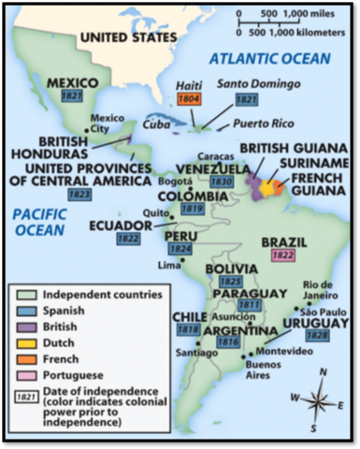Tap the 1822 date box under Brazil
point(284,253)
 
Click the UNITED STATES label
point(127,36)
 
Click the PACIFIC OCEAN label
point(38,222)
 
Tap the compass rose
point(318,401)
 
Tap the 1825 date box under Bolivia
point(231,281)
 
